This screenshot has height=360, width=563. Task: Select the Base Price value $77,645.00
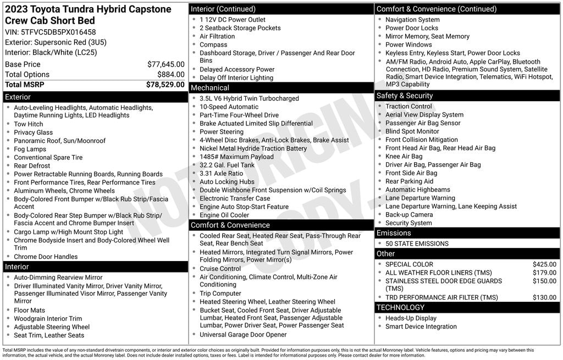click(165, 64)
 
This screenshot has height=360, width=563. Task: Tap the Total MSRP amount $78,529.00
click(165, 85)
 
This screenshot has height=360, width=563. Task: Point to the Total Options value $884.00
click(170, 74)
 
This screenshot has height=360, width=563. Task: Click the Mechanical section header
click(210, 88)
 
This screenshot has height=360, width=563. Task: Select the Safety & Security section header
click(404, 96)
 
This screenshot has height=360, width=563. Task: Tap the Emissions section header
click(394, 233)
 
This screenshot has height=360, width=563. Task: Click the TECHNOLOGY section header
click(400, 307)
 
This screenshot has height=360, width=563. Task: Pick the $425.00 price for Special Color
click(544, 264)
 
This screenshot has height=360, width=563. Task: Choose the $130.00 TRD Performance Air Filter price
click(544, 297)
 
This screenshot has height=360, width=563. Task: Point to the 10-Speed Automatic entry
click(229, 107)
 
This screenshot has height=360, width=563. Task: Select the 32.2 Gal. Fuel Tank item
click(227, 165)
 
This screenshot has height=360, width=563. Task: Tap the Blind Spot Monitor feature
click(412, 131)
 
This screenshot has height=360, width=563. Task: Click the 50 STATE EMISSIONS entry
click(417, 243)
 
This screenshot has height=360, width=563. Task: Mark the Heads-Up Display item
click(411, 318)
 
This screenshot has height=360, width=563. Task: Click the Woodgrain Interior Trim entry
click(48, 319)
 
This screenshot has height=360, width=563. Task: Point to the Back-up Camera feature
click(409, 214)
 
